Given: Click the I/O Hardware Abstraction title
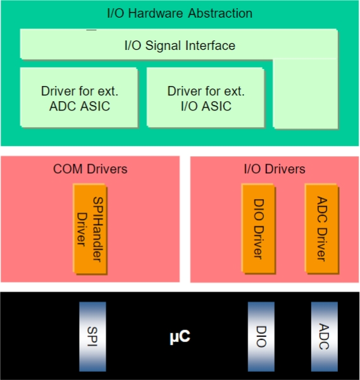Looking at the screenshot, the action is (x=180, y=13).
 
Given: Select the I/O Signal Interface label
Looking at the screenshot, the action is (x=180, y=46).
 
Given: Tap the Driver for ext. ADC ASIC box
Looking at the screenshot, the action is (x=79, y=97).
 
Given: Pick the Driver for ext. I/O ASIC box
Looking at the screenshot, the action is (x=206, y=97).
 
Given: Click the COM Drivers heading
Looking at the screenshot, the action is (x=90, y=169).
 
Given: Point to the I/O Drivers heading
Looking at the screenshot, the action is (x=275, y=169).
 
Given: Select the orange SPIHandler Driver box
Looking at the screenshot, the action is (x=90, y=229).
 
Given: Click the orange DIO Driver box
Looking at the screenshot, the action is (x=258, y=229).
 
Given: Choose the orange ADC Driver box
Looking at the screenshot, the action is (x=321, y=229).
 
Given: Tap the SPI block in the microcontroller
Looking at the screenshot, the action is (x=92, y=336).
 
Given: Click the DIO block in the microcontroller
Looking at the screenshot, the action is (x=261, y=336).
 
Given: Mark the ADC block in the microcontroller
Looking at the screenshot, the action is (x=325, y=336).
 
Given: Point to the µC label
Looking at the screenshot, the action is (x=180, y=337).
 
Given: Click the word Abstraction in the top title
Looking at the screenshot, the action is (x=220, y=13).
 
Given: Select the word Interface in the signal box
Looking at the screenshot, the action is (x=211, y=46).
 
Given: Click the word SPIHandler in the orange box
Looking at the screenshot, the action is (x=98, y=230).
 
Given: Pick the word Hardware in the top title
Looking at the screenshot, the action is (x=156, y=13).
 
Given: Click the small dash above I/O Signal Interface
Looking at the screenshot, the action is (x=91, y=30).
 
